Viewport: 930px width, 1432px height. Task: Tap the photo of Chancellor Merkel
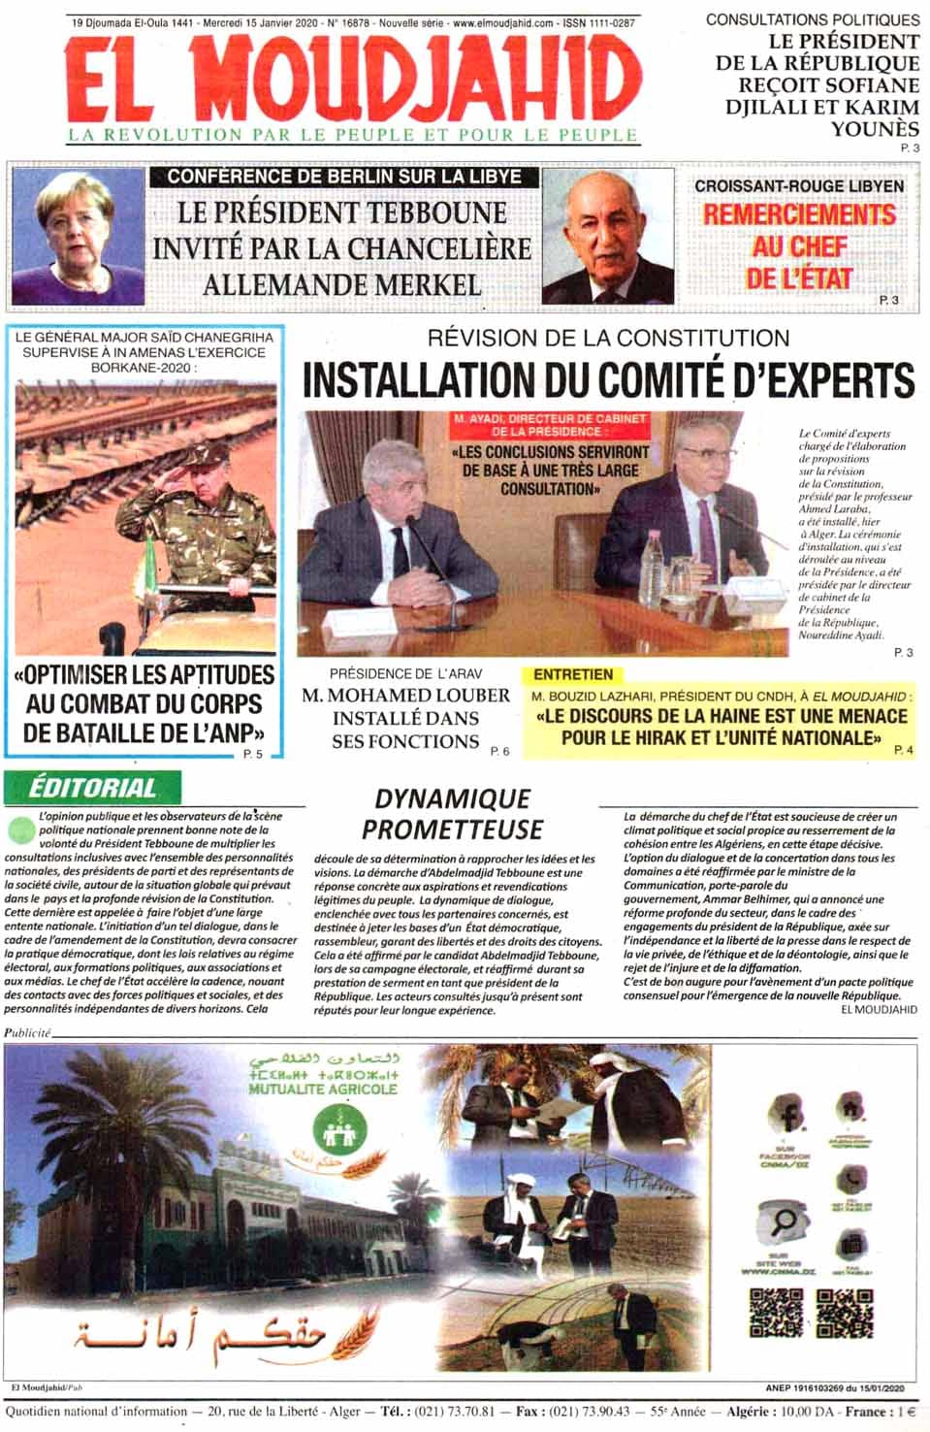pyautogui.click(x=77, y=237)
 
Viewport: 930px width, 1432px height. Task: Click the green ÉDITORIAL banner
pyautogui.click(x=92, y=787)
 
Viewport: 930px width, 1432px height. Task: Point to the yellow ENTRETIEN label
pyautogui.click(x=573, y=674)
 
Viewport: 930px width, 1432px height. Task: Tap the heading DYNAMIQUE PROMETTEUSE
pyautogui.click(x=452, y=814)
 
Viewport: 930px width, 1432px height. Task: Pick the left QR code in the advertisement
pyautogui.click(x=775, y=1315)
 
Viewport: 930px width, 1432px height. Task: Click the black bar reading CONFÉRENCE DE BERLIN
pyautogui.click(x=344, y=177)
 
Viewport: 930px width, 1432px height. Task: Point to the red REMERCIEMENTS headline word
pyautogui.click(x=799, y=214)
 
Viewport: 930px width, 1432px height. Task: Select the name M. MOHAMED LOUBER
pyautogui.click(x=405, y=696)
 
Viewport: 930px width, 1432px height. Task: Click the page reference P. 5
pyautogui.click(x=252, y=754)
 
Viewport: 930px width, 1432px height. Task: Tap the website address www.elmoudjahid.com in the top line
pyautogui.click(x=503, y=21)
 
